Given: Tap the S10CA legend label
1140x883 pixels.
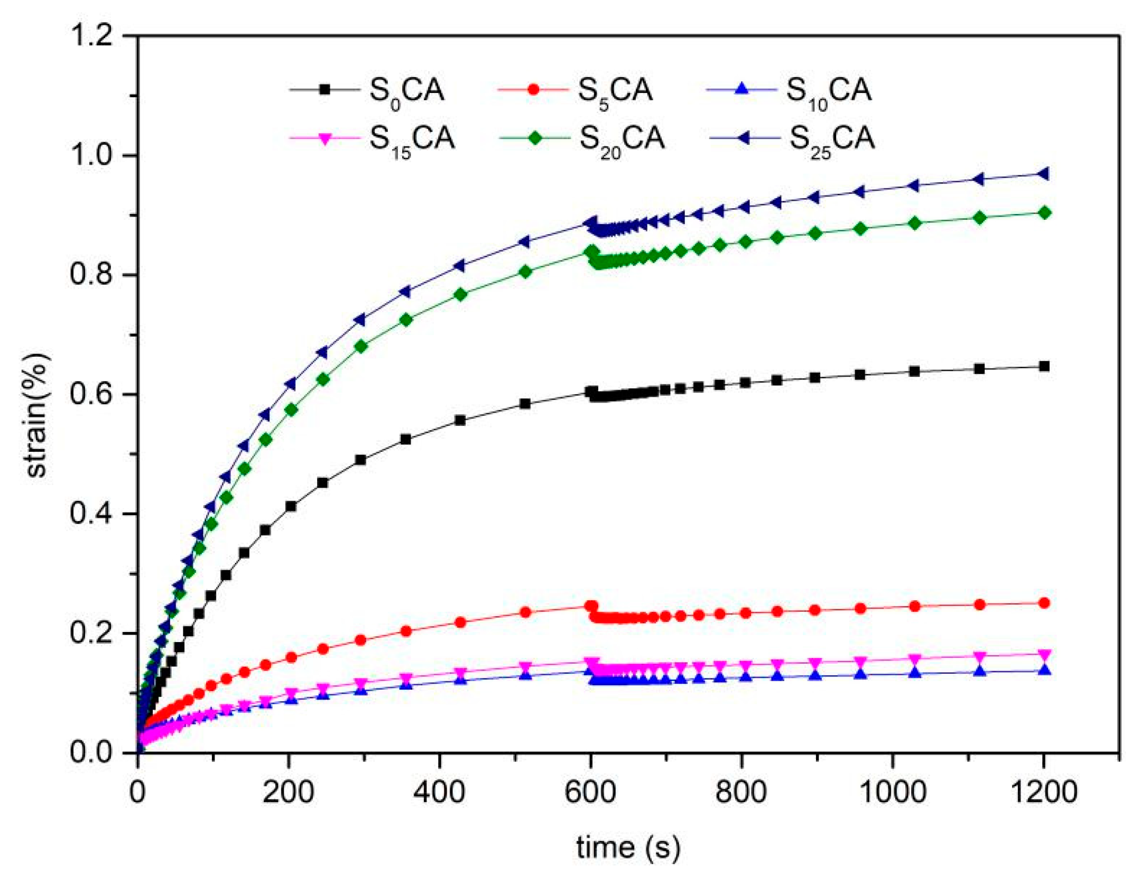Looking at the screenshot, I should [828, 90].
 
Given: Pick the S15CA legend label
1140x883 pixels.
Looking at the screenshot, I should [412, 139].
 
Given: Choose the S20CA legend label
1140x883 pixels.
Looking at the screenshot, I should [622, 139].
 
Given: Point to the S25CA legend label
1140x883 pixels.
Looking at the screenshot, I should [832, 139].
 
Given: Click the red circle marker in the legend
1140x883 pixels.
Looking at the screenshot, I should [534, 90].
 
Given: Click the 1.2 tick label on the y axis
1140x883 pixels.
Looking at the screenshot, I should [91, 36].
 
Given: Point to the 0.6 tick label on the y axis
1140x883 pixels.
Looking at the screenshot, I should [91, 394].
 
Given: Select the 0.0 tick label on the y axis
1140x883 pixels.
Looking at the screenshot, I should [91, 752].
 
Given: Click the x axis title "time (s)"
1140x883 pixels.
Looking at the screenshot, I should [628, 847].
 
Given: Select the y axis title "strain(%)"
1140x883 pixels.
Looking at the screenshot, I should [37, 415].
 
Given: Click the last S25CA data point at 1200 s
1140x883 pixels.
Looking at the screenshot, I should [1043, 174].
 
